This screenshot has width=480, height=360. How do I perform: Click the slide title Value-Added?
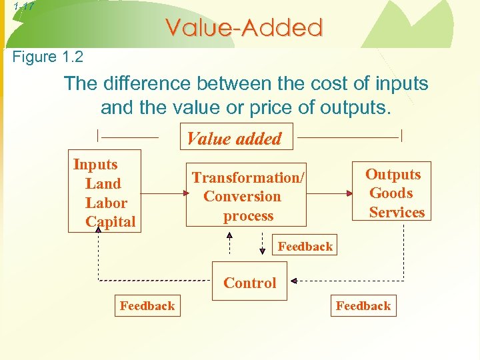point(244,28)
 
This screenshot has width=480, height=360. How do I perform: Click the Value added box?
point(235,139)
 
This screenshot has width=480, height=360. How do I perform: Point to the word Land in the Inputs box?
point(103,184)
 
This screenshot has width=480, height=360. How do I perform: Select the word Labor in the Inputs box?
point(106,203)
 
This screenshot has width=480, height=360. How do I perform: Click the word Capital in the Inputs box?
point(110,222)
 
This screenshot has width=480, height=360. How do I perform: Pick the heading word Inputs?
point(95,165)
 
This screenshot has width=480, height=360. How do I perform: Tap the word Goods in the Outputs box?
point(391,193)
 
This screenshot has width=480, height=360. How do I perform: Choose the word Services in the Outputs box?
point(397,213)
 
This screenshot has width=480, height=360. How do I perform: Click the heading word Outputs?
point(393,175)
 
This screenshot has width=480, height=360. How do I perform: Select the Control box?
point(249,283)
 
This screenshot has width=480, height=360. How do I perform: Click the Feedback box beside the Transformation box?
point(305,246)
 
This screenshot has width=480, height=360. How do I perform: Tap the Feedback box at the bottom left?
point(147,306)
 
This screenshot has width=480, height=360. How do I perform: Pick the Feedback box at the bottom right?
point(363,306)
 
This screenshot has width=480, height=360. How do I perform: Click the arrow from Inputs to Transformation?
point(162,194)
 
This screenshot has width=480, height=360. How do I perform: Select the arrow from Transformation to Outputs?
point(329,194)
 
